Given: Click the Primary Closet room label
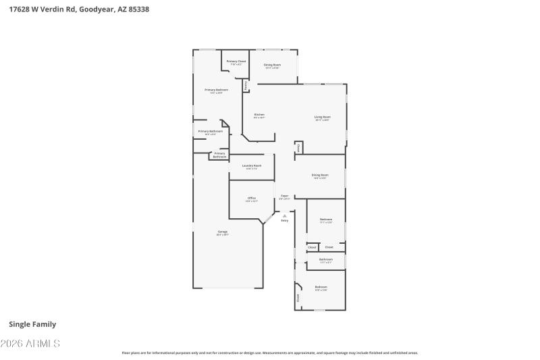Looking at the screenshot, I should pyautogui.click(x=236, y=62).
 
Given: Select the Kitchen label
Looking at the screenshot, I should pyautogui.click(x=259, y=115).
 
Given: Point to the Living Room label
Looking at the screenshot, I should pyautogui.click(x=322, y=118).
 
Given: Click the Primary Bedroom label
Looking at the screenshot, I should pyautogui.click(x=216, y=91).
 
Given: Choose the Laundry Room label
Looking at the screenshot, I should pyautogui.click(x=252, y=166).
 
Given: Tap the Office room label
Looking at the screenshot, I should pyautogui.click(x=251, y=199).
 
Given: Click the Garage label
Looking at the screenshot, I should pyautogui.click(x=222, y=232).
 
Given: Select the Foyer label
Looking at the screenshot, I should pyautogui.click(x=285, y=197).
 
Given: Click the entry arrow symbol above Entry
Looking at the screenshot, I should pyautogui.click(x=284, y=215).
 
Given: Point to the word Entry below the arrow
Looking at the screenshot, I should pyautogui.click(x=284, y=221).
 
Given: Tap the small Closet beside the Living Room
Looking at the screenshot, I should pyautogui.click(x=298, y=147).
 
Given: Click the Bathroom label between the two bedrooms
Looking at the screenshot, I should pyautogui.click(x=326, y=260).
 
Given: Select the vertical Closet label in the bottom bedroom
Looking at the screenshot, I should pyautogui.click(x=298, y=297).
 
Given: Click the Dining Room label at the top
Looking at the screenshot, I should pyautogui.click(x=272, y=66).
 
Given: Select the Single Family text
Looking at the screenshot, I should pyautogui.click(x=32, y=324).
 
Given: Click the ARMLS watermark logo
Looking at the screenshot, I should pyautogui.click(x=32, y=344).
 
